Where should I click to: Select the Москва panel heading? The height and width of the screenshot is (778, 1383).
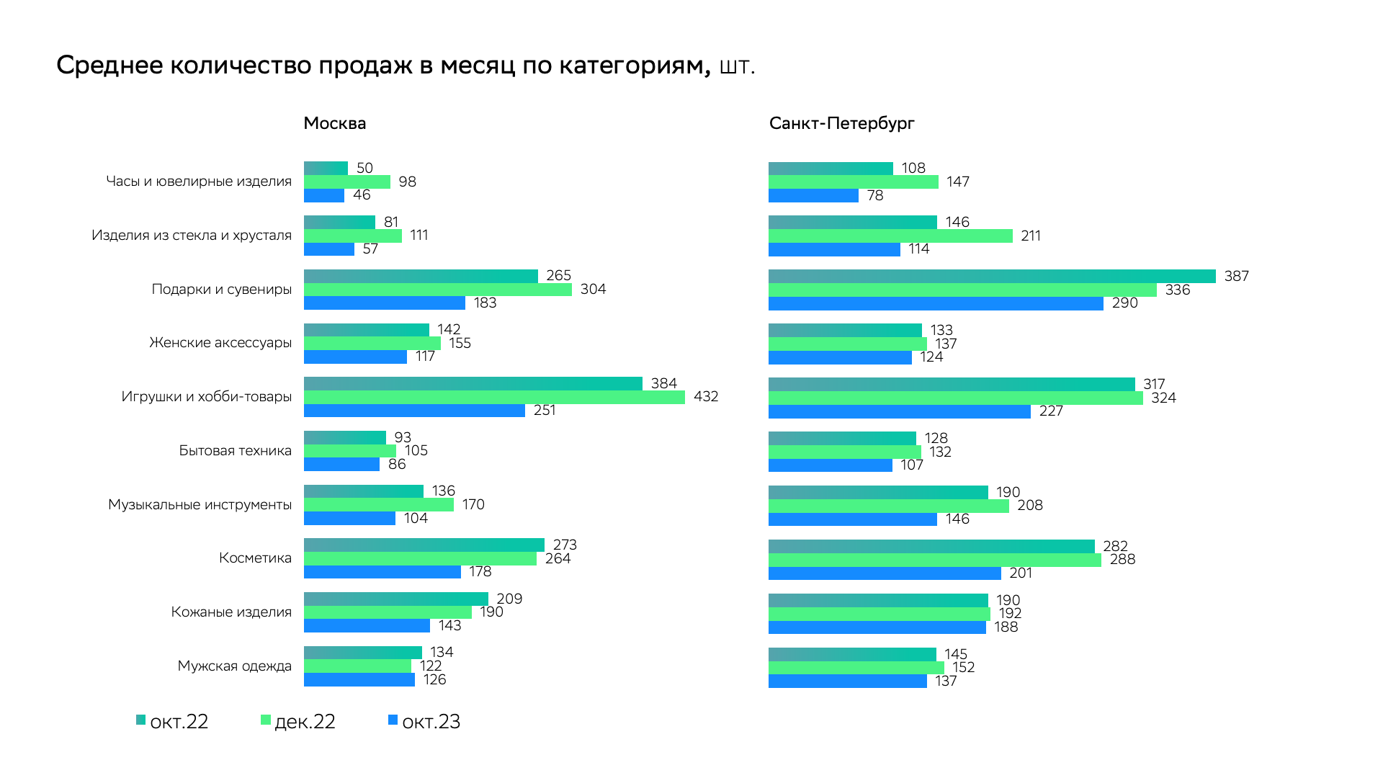(334, 123)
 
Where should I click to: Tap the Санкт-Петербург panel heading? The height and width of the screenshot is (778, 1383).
(841, 123)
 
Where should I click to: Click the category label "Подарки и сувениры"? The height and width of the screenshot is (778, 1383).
(222, 289)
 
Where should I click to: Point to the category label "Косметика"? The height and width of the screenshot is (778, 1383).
(255, 558)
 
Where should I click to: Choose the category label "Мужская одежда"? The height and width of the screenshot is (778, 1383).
(235, 666)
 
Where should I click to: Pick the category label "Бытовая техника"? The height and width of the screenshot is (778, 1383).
(236, 450)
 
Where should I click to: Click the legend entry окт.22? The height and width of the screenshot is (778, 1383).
(173, 721)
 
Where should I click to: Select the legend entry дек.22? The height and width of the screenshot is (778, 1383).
(298, 721)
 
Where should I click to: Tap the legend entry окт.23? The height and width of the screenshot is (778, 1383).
(424, 721)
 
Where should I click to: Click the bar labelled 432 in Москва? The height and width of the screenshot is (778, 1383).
(494, 397)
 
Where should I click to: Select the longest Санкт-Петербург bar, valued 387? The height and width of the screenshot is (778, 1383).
(992, 276)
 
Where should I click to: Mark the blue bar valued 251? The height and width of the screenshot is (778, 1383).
(414, 411)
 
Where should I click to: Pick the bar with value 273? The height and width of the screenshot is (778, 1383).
(424, 545)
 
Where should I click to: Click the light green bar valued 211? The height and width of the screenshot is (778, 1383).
(890, 236)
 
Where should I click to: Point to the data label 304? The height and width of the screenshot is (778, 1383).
(593, 289)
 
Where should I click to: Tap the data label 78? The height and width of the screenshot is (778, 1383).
(875, 195)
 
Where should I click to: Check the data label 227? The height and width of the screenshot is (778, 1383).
(1051, 411)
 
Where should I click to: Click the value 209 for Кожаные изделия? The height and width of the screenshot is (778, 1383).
(509, 599)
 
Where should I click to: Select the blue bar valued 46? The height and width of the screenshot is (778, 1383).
(323, 195)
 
